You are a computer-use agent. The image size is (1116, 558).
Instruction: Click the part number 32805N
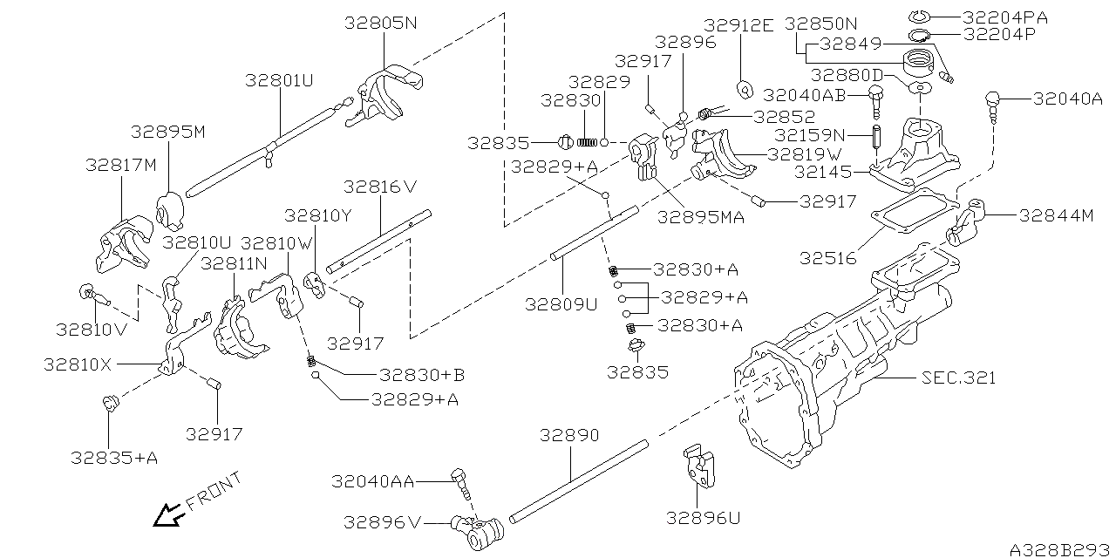click(381, 24)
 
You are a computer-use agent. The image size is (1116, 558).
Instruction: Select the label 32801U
click(279, 81)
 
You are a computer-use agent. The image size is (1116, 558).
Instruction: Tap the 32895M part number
click(167, 132)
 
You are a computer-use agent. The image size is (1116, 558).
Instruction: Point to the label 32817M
click(121, 165)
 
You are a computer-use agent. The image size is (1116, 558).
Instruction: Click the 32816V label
click(380, 187)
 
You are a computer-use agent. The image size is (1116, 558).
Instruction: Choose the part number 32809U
click(561, 304)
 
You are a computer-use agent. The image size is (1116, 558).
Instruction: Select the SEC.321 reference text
click(958, 378)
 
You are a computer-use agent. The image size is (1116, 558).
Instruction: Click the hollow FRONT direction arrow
click(167, 516)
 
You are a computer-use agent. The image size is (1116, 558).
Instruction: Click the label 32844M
click(1056, 216)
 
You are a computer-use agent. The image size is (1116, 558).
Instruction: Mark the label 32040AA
click(372, 480)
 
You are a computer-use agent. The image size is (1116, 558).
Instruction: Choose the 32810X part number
click(78, 364)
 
